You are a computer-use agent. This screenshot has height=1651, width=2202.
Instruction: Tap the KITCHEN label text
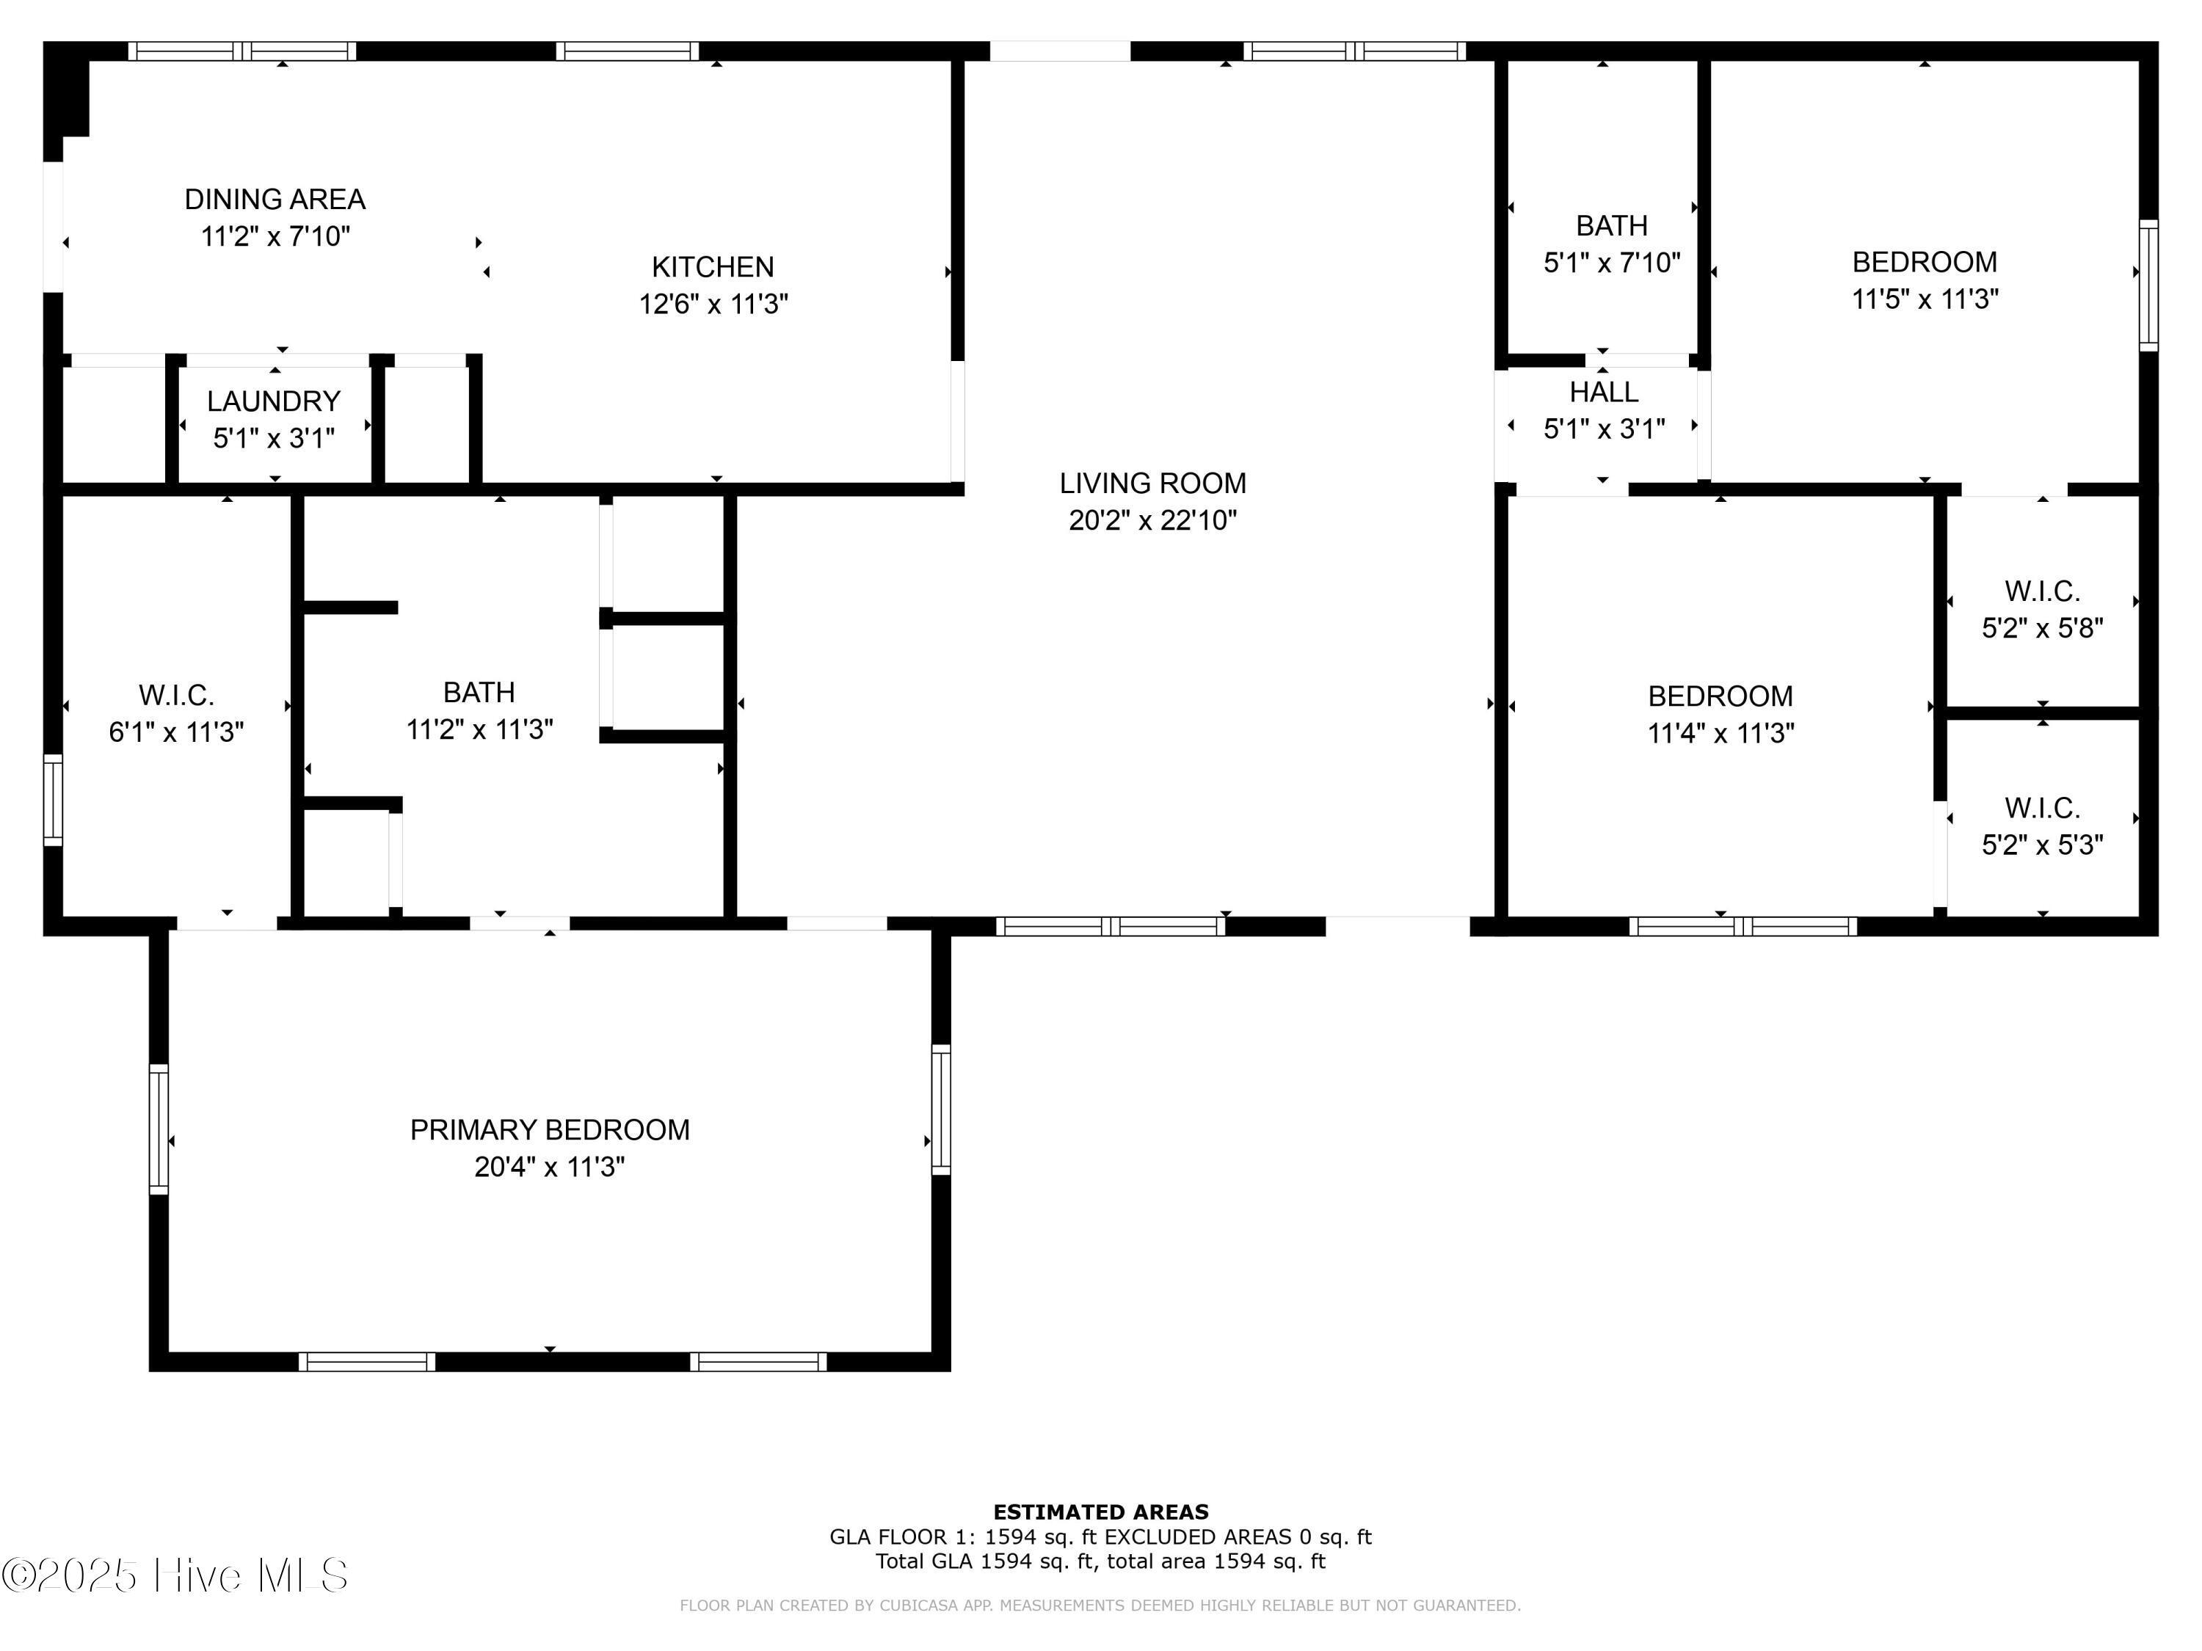pos(713,266)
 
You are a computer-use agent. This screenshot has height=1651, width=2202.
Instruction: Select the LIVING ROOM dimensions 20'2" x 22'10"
pos(1153,520)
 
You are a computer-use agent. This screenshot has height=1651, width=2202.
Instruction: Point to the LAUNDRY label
pos(274,401)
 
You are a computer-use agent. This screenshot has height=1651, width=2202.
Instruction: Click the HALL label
pos(1604,392)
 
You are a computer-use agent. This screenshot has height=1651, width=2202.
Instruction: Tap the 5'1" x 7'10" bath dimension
pos(1612,263)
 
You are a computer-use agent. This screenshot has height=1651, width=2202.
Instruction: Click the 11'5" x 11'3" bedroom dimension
pos(1925,299)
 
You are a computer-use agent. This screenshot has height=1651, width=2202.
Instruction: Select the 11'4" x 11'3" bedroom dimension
pos(1720,734)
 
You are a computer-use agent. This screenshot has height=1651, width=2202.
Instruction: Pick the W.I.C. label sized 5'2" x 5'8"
pos(2042,591)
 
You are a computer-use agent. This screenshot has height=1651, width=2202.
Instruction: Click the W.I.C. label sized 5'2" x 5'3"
pos(2042,807)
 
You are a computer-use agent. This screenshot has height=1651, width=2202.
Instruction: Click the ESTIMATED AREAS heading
pos(1101,1512)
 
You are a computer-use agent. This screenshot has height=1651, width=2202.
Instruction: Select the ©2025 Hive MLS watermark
pos(175,1575)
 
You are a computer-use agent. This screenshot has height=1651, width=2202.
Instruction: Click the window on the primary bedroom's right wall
pos(941,1109)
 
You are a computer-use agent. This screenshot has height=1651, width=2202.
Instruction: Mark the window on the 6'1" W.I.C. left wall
pos(53,800)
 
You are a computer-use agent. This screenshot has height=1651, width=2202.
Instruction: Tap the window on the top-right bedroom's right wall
pos(2148,285)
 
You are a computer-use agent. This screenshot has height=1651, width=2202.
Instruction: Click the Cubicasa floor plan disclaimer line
pos(1100,1606)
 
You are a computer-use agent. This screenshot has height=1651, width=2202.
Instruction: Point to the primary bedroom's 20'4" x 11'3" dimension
pos(550,1167)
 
